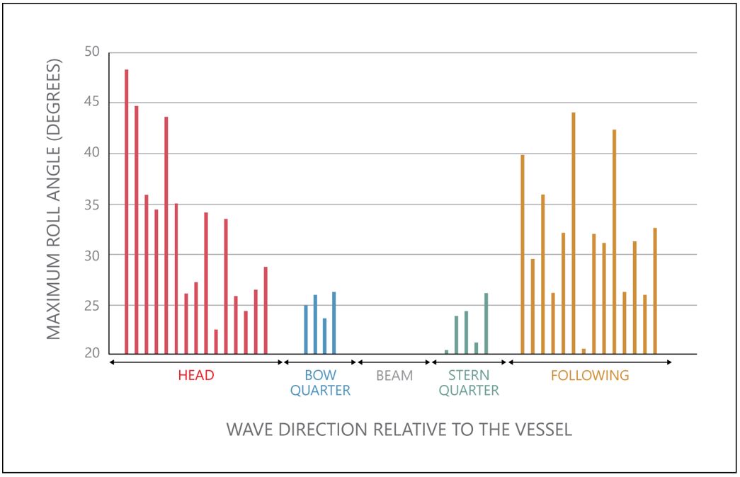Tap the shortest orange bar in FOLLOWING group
[584, 351]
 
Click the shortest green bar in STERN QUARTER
[446, 352]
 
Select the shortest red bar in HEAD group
[216, 341]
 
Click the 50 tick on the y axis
[93, 52]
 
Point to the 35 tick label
[93, 205]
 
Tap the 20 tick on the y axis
[93, 353]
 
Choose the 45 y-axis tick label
[93, 103]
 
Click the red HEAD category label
[196, 376]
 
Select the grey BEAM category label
[394, 376]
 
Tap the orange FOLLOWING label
[590, 376]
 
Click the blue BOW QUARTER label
[320, 382]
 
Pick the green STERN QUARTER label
[469, 382]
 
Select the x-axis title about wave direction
[399, 430]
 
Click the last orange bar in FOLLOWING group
[655, 290]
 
